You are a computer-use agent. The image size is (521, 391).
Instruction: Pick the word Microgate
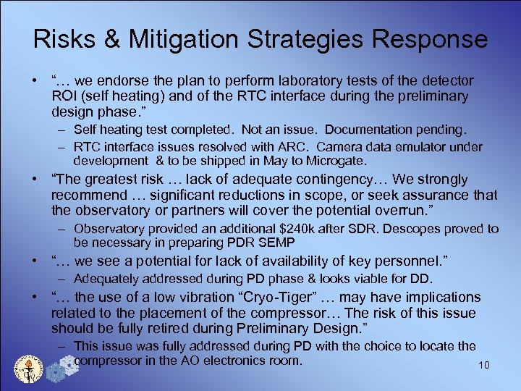click(339, 160)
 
